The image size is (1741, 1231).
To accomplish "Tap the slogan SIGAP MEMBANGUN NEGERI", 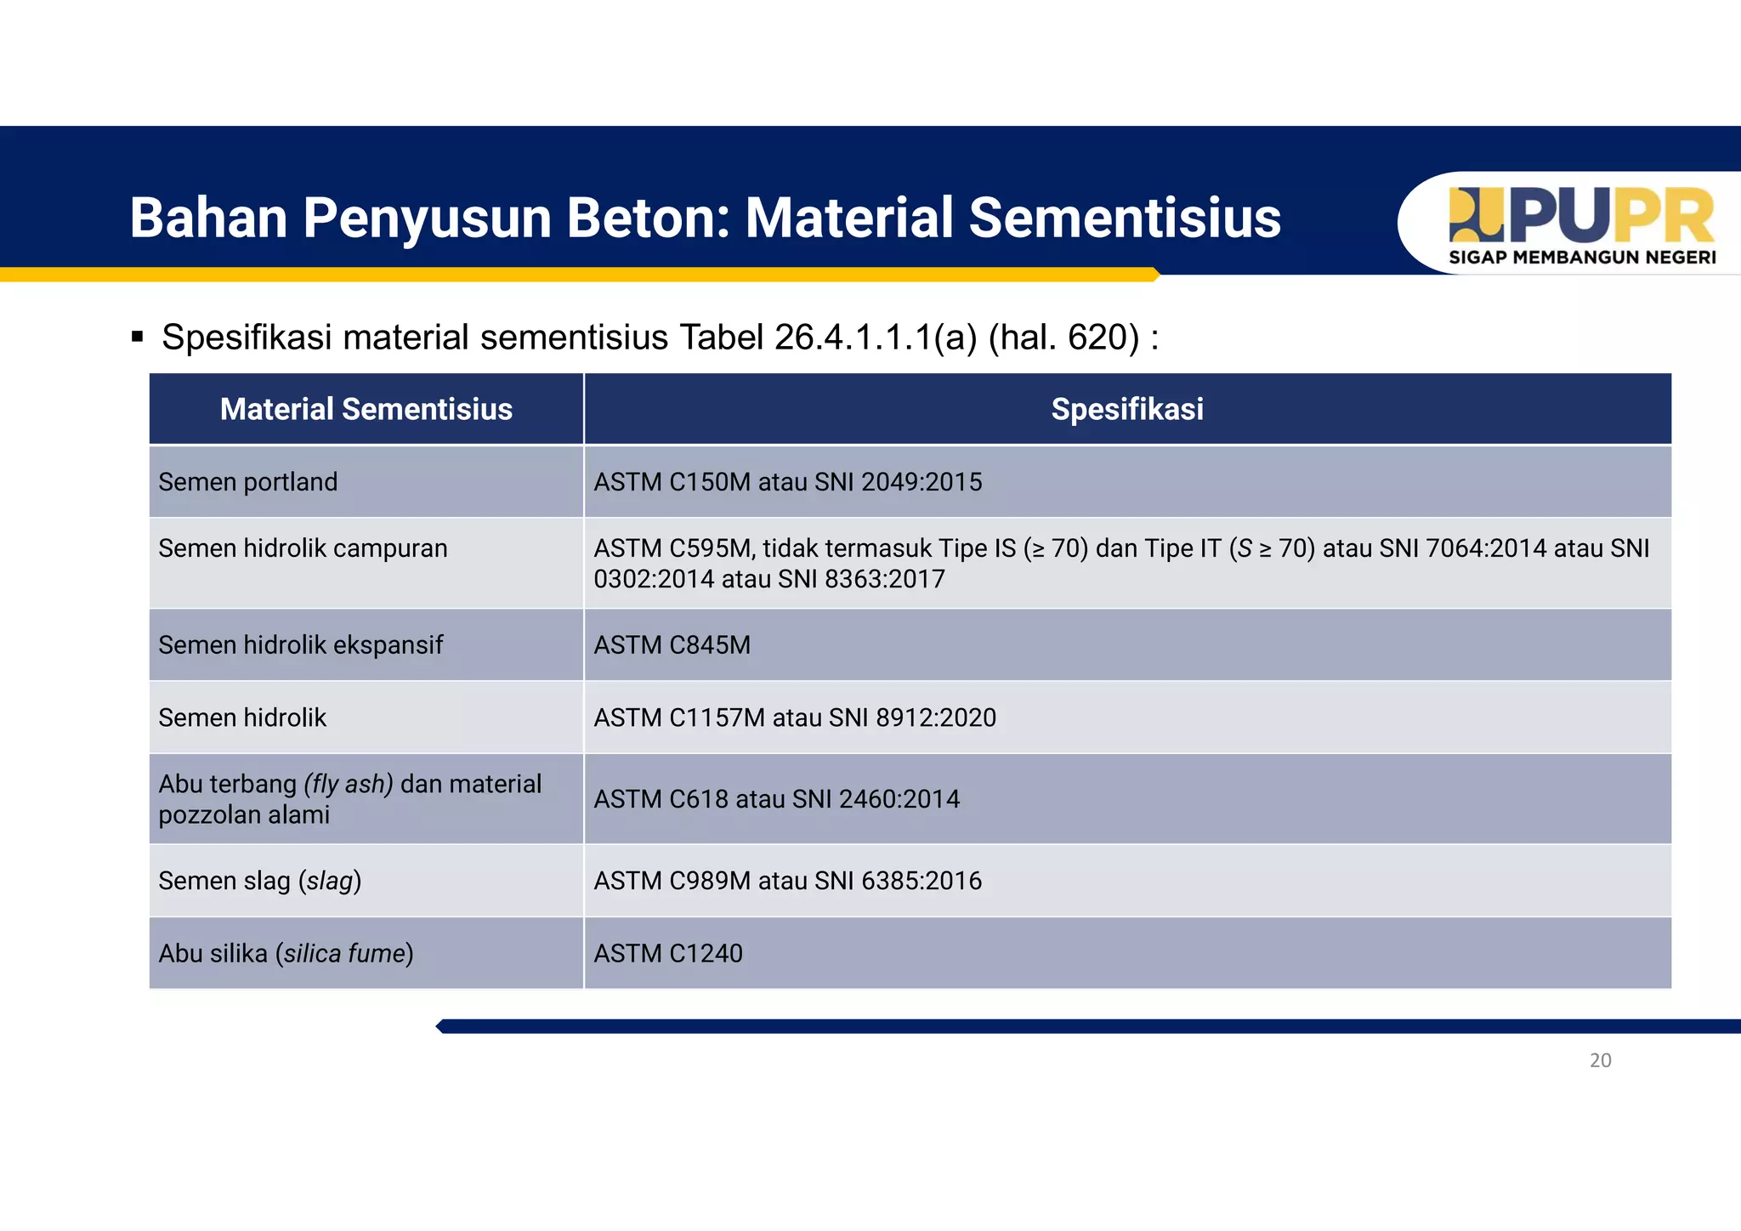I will point(1582,258).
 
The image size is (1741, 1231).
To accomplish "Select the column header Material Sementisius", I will point(366,410).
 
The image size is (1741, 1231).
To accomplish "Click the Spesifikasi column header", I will point(1127,410).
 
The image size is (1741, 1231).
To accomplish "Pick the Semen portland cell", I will point(248,482).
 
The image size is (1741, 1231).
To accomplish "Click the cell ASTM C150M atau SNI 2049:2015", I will point(787,482).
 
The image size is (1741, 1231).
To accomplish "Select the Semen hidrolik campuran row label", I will point(303,548).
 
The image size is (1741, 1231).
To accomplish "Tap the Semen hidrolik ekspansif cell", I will point(300,645).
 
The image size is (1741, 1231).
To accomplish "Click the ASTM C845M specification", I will point(672,645).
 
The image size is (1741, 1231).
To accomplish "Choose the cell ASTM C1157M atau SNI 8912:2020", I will point(794,718).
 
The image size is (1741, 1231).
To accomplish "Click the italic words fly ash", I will point(349,784).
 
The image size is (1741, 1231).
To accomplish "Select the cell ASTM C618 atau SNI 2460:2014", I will point(776,799).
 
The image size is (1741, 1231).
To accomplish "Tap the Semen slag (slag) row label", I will point(259,881).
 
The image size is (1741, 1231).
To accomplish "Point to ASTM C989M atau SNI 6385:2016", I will point(787,881).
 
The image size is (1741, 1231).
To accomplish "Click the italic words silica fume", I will point(344,954).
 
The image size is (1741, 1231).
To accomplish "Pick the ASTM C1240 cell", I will point(668,954).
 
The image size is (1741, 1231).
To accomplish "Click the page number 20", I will point(1600,1060).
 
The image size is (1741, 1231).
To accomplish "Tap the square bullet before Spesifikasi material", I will point(138,338).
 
